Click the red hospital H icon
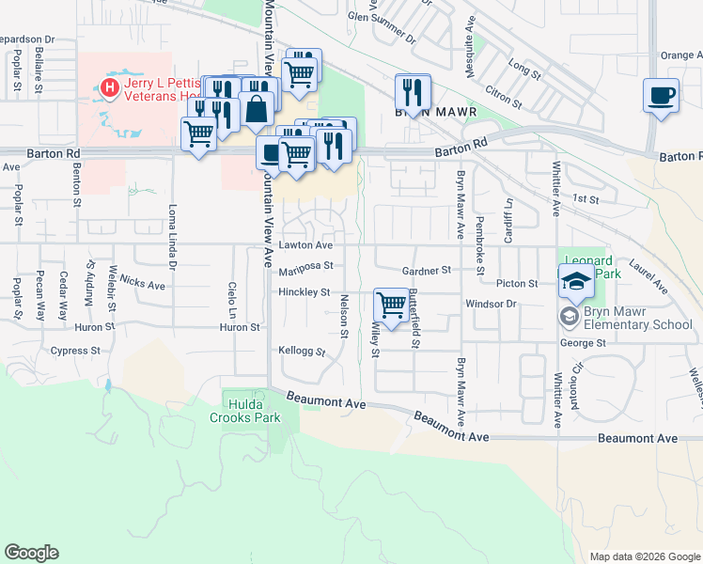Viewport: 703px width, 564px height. pyautogui.click(x=110, y=89)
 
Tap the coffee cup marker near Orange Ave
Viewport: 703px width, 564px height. pyautogui.click(x=661, y=96)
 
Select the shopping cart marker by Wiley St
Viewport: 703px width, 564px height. pyautogui.click(x=390, y=305)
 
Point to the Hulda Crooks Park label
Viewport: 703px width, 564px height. pyautogui.click(x=244, y=410)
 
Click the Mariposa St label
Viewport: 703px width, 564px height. pyautogui.click(x=306, y=268)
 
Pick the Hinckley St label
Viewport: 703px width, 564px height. pyautogui.click(x=304, y=292)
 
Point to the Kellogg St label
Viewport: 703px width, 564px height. pyautogui.click(x=301, y=352)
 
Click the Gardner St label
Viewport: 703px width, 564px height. pyautogui.click(x=427, y=270)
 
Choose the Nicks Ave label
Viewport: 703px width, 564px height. pyautogui.click(x=143, y=281)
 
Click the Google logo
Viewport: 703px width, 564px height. pyautogui.click(x=31, y=553)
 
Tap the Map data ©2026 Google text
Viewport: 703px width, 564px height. pyautogui.click(x=644, y=556)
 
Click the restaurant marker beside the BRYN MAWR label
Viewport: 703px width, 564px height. pyautogui.click(x=413, y=92)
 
